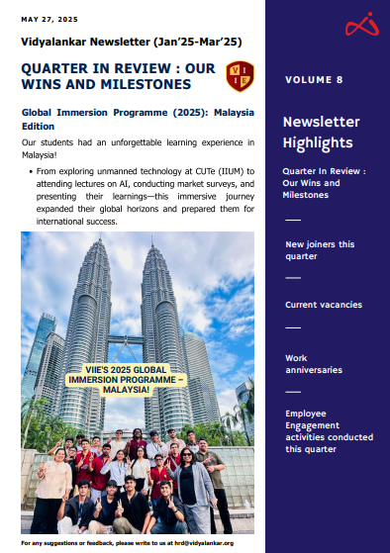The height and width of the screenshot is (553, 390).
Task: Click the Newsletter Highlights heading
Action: click(317, 133)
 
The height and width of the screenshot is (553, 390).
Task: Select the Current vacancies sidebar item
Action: click(323, 305)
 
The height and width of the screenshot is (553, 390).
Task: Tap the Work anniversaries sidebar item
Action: click(313, 363)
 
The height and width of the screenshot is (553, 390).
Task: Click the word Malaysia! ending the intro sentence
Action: click(45, 155)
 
